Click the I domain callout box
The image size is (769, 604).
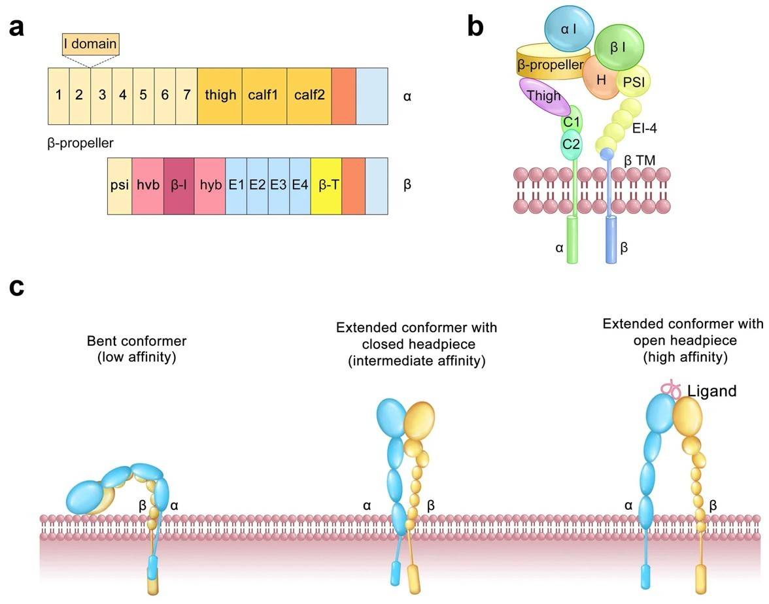91,44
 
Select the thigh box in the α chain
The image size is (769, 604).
220,95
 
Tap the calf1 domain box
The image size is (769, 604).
264,95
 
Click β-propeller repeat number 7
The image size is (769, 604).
186,95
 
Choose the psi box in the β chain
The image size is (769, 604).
119,186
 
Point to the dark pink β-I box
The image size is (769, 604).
179,186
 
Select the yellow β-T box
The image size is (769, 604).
326,186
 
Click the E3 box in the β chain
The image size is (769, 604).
279,186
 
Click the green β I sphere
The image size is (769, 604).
619,47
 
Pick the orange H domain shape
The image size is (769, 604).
601,78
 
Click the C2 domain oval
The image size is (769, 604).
572,144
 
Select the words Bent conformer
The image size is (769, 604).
136,341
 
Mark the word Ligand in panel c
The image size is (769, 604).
711,392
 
